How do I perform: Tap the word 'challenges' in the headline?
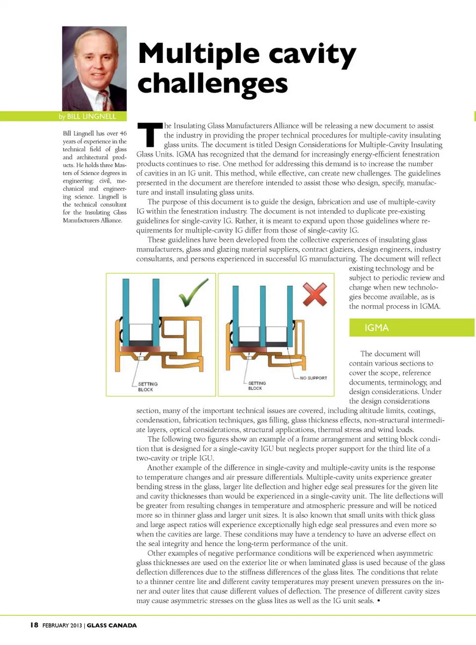click(213, 84)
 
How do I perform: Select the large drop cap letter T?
click(149, 135)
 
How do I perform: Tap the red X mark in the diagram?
click(315, 293)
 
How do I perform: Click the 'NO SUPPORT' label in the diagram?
click(313, 378)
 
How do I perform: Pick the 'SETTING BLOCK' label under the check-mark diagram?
click(147, 387)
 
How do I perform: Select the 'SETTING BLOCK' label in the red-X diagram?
click(257, 386)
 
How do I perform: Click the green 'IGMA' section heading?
click(376, 328)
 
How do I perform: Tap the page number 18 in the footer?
click(34, 625)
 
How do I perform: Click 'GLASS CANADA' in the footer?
click(112, 626)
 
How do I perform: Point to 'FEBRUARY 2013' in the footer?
click(62, 626)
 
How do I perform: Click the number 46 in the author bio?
click(123, 133)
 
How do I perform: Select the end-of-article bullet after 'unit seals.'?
click(379, 601)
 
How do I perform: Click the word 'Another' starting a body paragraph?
click(161, 468)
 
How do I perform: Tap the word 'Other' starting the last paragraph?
click(157, 553)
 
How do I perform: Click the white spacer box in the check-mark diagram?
click(140, 332)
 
